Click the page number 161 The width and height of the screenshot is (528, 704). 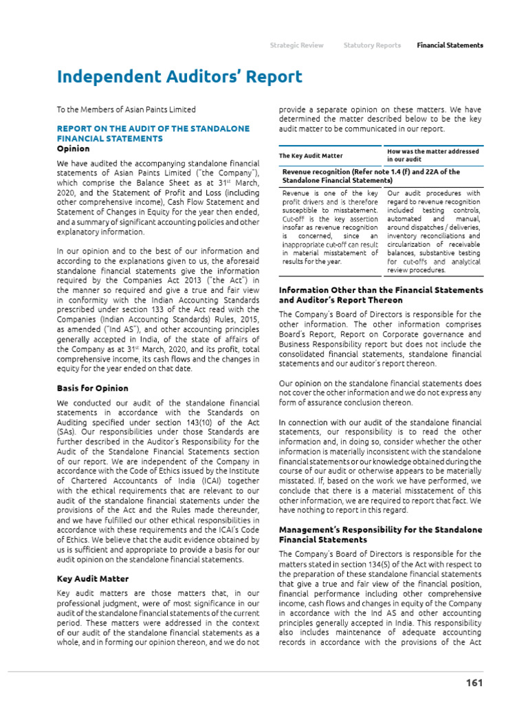click(x=474, y=683)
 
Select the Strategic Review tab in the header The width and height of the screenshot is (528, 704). click(x=296, y=45)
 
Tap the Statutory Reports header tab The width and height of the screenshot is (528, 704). click(x=372, y=45)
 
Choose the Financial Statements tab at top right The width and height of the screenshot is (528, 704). click(x=450, y=45)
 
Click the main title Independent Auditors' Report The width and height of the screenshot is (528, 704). click(x=179, y=77)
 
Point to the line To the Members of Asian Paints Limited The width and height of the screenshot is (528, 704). click(x=126, y=109)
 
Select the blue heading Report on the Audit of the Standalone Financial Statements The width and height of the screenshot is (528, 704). click(x=153, y=133)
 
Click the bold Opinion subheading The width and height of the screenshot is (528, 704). click(x=73, y=148)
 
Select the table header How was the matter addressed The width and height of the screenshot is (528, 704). click(x=433, y=155)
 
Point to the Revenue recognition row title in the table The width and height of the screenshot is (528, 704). click(x=371, y=176)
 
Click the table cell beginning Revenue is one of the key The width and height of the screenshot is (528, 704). click(x=330, y=228)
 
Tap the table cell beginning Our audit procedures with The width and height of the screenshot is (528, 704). click(x=433, y=232)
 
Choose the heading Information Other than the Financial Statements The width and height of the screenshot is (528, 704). click(x=381, y=295)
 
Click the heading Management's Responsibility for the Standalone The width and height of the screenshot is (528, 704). click(x=380, y=535)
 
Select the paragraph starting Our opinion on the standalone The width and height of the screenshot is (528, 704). click(x=380, y=393)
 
